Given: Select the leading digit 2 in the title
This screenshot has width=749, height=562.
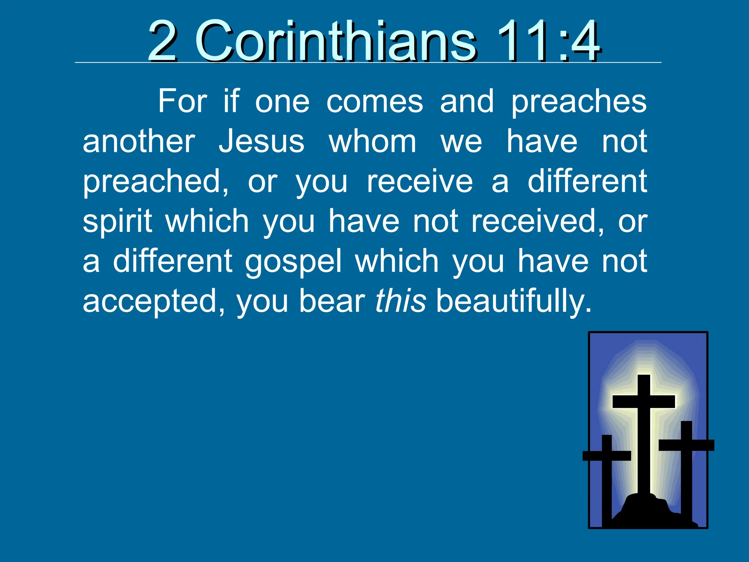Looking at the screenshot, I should (x=163, y=41).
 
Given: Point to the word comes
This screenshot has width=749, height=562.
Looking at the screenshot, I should (x=374, y=102).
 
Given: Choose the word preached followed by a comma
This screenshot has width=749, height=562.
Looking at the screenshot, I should (x=155, y=181).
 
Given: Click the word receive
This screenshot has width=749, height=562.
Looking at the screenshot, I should (x=419, y=181).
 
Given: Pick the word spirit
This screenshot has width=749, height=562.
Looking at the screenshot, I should (x=117, y=222).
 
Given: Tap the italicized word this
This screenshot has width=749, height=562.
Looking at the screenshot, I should (x=400, y=301).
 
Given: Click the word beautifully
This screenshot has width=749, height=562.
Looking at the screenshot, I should (x=513, y=301).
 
